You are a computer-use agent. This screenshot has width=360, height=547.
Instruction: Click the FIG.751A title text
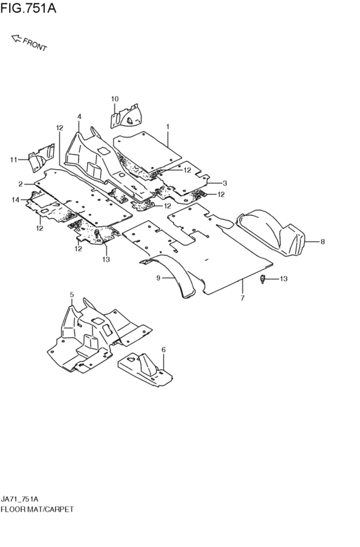(x=28, y=8)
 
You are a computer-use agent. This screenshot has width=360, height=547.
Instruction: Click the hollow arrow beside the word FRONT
(x=16, y=38)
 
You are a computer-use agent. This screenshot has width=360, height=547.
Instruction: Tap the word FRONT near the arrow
(x=35, y=44)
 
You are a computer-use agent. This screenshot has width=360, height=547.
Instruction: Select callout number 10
(x=115, y=99)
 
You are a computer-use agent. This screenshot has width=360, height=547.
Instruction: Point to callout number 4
(x=79, y=116)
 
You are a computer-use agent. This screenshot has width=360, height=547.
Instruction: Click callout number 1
(x=168, y=127)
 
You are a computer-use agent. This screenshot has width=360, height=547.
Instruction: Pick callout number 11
(x=14, y=160)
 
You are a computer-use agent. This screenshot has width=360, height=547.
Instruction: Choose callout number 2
(x=21, y=184)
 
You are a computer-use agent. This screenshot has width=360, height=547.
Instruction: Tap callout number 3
(x=224, y=183)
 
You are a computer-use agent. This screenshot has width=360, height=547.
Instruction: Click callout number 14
(x=15, y=200)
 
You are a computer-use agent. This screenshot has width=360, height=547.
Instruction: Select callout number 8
(x=322, y=242)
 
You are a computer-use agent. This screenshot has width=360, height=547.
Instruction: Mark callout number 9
(x=158, y=278)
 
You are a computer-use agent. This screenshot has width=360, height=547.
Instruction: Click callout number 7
(x=242, y=298)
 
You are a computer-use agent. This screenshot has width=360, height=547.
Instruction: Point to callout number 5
(x=72, y=295)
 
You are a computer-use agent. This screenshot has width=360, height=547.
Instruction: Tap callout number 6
(x=163, y=350)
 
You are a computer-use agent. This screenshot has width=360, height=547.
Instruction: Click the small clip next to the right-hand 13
(x=263, y=279)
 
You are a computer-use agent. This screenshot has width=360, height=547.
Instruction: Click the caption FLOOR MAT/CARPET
(x=37, y=509)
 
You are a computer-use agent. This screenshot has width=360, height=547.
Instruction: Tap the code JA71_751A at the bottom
(x=19, y=499)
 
